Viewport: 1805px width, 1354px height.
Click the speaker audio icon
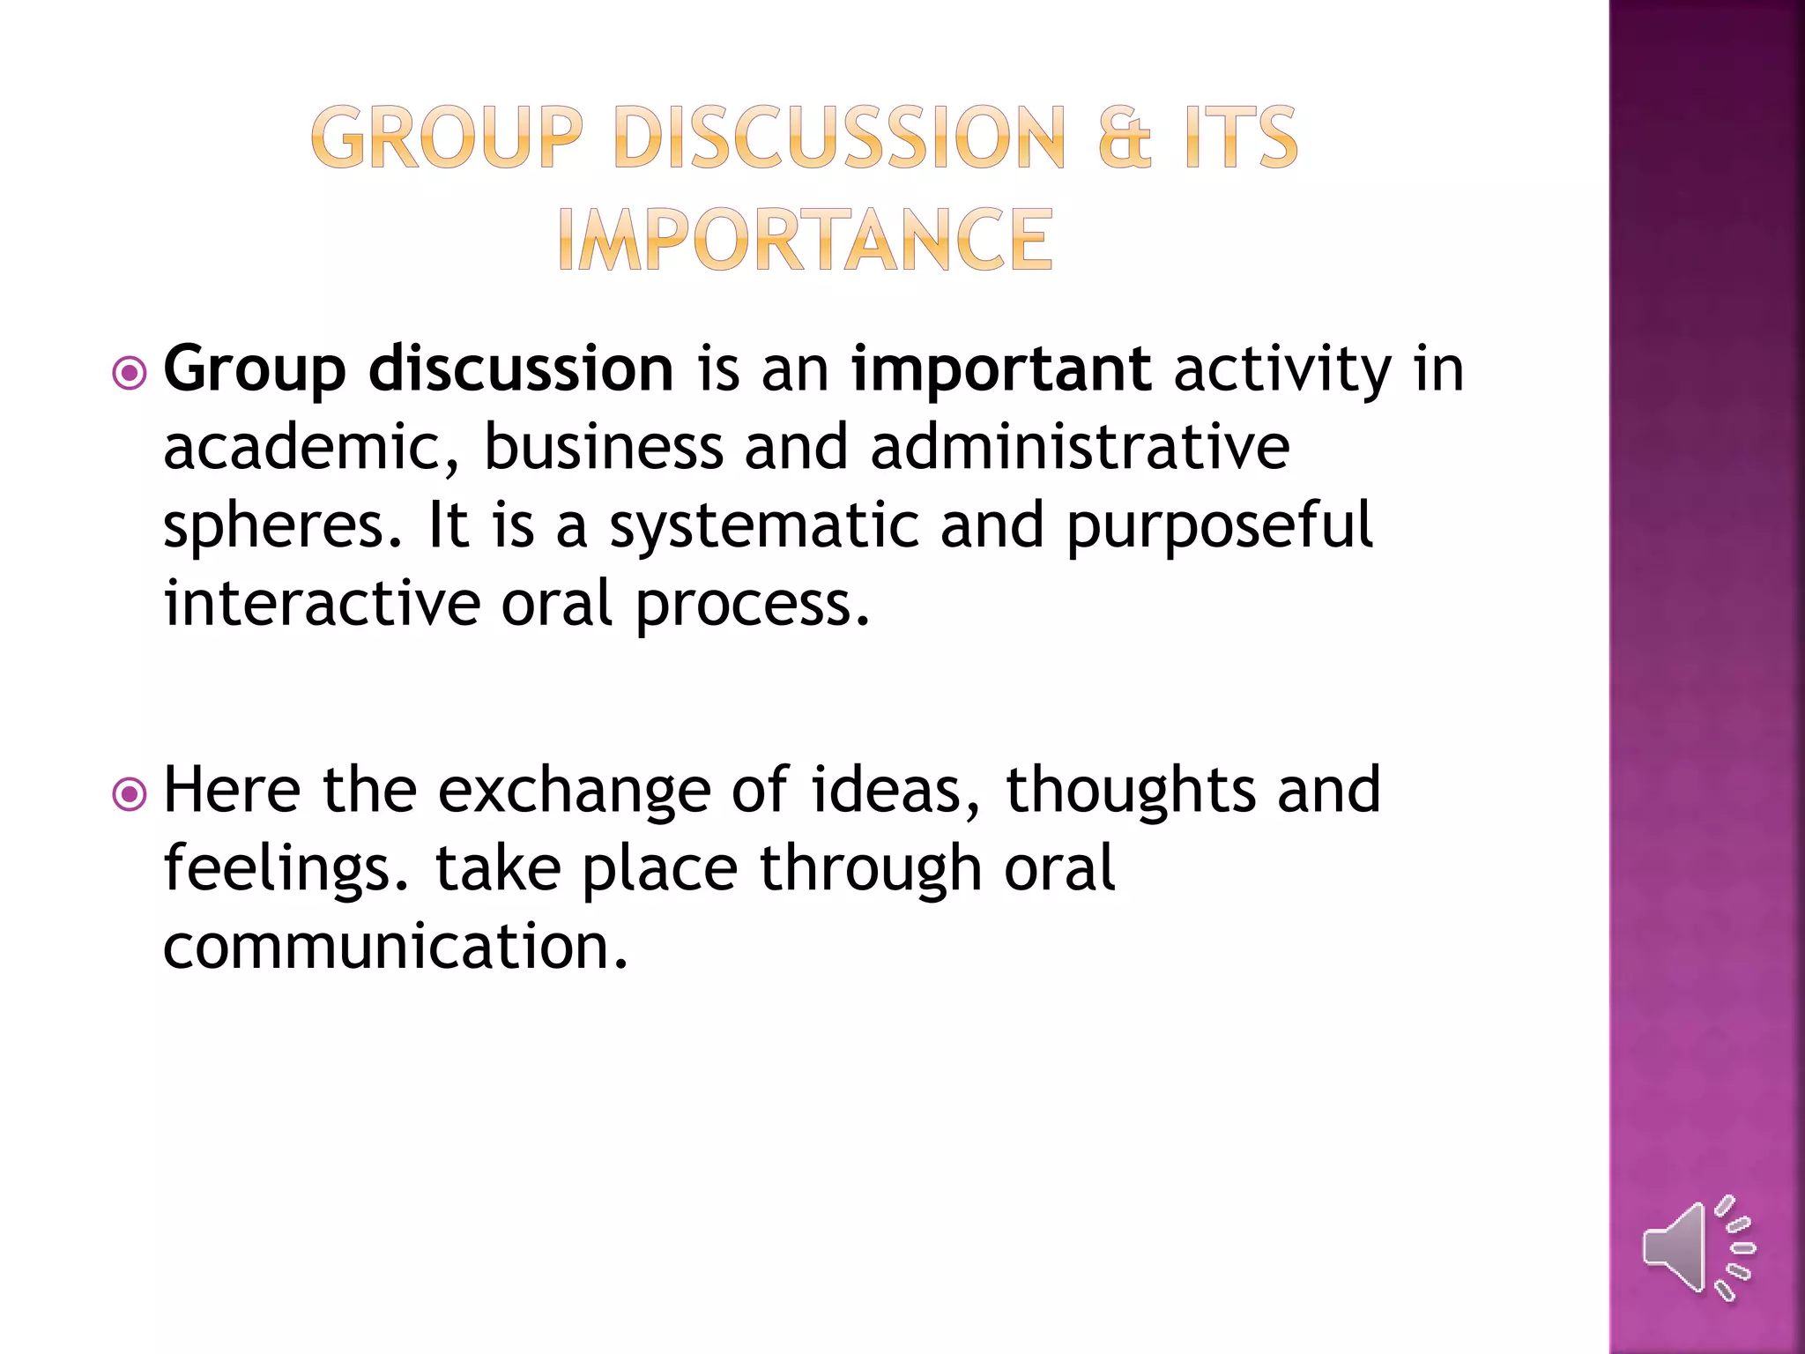pyautogui.click(x=1697, y=1248)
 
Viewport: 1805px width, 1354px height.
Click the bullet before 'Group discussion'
pyautogui.click(x=130, y=373)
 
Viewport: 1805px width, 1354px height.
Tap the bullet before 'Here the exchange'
pyautogui.click(x=130, y=794)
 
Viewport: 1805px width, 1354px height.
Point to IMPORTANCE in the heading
pyautogui.click(x=805, y=240)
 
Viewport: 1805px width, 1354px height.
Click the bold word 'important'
pyautogui.click(x=1000, y=369)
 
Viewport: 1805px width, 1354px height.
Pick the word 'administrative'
pyautogui.click(x=1080, y=447)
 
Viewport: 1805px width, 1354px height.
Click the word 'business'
pyautogui.click(x=604, y=447)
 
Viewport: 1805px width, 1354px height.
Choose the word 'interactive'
pyautogui.click(x=322, y=604)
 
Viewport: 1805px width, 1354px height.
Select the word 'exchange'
pyautogui.click(x=574, y=791)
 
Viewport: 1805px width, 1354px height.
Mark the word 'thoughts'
pyautogui.click(x=1131, y=791)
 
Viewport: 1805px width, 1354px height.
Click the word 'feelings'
pyautogui.click(x=286, y=869)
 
